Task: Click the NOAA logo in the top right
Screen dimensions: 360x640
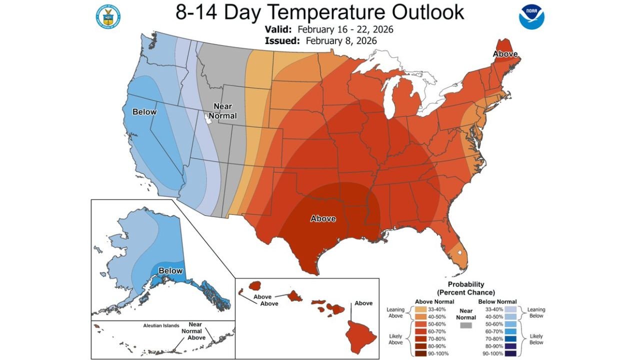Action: click(x=531, y=16)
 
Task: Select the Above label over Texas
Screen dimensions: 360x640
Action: click(x=323, y=218)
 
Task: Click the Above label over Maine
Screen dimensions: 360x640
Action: click(x=505, y=54)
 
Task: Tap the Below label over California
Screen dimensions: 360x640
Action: click(x=144, y=112)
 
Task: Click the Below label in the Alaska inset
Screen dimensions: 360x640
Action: click(x=170, y=271)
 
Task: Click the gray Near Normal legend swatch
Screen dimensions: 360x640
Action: click(x=465, y=325)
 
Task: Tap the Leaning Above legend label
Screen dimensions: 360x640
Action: click(x=395, y=313)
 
